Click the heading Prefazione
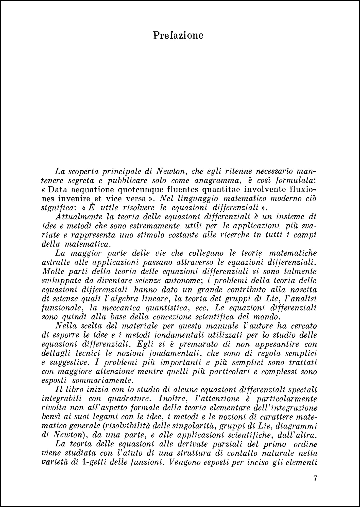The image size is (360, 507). click(x=178, y=35)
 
